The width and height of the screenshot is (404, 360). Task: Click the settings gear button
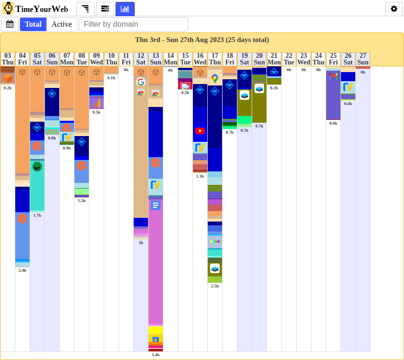pos(394,9)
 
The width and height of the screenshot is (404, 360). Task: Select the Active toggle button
pos(62,24)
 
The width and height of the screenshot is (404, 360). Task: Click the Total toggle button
pos(33,24)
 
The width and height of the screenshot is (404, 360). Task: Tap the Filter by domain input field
pos(133,24)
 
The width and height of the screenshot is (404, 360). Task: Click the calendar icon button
pos(10,24)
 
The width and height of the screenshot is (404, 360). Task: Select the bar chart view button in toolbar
pos(125,9)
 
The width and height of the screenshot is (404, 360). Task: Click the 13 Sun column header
pos(156,59)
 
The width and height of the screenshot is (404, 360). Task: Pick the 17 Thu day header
pos(215,59)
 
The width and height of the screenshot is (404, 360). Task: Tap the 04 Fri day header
pos(22,59)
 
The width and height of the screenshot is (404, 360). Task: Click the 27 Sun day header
pos(363,59)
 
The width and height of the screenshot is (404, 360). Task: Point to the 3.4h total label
pos(156,355)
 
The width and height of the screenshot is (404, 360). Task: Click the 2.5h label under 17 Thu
pos(215,286)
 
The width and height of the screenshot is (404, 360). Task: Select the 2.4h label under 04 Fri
pos(22,270)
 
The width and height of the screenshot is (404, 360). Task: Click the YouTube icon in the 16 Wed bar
pos(200,131)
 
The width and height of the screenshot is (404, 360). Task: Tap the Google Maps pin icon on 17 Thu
pos(215,78)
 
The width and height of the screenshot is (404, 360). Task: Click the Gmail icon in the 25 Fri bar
pos(333,76)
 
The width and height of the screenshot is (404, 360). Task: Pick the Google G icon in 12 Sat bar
pos(140,82)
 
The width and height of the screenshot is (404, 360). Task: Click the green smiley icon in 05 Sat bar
pos(37,166)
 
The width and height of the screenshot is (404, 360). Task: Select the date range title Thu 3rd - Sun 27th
pos(202,40)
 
